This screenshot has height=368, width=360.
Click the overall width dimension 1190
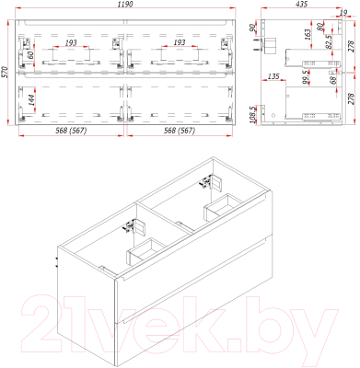[125, 6]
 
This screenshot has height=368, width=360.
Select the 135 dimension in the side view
[273, 76]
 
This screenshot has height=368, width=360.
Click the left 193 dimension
[72, 43]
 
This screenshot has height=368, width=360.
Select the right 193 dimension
[179, 43]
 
